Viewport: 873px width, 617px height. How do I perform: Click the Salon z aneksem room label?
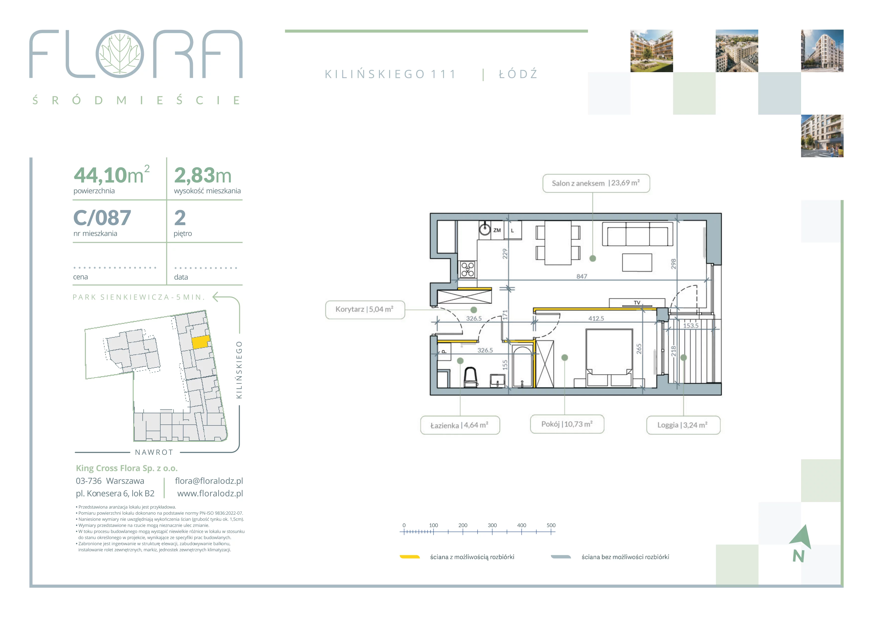pos(596,183)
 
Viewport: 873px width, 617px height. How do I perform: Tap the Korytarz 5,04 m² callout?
pos(365,310)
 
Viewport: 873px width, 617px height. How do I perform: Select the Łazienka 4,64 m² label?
pos(460,425)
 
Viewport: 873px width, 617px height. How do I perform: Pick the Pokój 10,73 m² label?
pos(567,424)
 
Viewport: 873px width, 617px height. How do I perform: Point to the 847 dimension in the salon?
pos(582,276)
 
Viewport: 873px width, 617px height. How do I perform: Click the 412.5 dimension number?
pos(596,318)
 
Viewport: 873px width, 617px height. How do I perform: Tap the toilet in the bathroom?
pos(471,377)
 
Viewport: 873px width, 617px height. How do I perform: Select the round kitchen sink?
pos(485,229)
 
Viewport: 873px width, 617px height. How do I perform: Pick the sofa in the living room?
pos(638,234)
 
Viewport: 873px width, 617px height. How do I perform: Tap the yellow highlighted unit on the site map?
pos(200,342)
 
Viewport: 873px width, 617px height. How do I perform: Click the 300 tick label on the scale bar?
pos(492,525)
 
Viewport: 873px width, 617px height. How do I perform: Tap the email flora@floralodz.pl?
pos(209,481)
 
